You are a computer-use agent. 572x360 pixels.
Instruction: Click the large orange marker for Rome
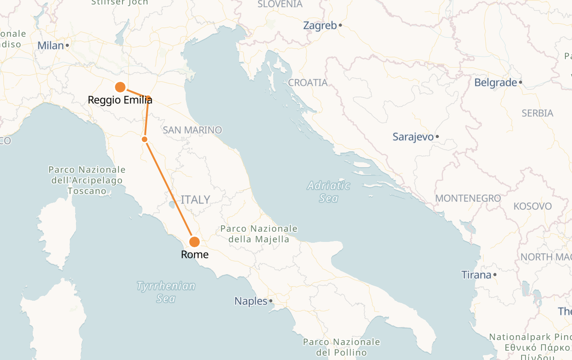coord(194,242)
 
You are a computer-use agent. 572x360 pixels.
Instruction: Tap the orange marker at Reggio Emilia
coord(119,87)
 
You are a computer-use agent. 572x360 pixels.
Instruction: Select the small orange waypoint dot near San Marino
coord(145,139)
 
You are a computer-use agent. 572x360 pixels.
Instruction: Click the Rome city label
coord(194,255)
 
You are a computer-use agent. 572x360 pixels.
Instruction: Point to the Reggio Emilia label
coord(120,100)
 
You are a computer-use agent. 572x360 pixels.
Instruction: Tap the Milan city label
coord(50,46)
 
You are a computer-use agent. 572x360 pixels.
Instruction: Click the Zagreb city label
coord(320,26)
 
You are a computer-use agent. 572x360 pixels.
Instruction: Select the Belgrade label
coord(495,83)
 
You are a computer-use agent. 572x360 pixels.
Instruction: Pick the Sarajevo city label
coord(413,137)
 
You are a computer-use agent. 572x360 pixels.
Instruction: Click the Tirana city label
coord(476,275)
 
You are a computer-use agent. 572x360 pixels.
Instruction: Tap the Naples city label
coord(251,302)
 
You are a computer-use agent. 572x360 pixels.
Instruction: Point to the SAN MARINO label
coord(192,130)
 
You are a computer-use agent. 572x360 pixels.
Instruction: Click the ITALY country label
coord(195,200)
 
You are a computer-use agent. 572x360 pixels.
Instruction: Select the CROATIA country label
coord(308,83)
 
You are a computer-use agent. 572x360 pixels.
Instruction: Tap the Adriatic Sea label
coord(328,192)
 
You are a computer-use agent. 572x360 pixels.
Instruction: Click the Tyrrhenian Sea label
coord(166,292)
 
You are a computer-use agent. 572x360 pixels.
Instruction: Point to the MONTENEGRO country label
coord(468,199)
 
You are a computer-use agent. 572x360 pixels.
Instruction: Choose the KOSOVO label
coord(532,207)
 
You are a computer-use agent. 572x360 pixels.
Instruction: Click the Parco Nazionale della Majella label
coord(259,234)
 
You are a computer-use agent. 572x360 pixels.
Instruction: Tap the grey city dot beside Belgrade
coord(521,82)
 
